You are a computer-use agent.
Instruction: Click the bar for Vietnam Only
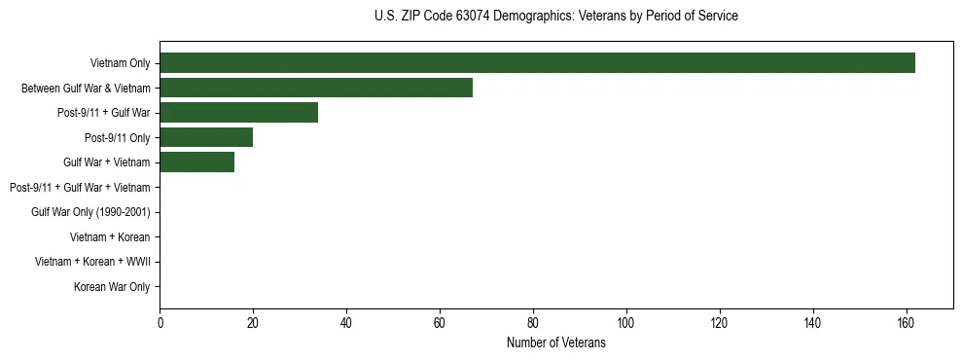(x=537, y=63)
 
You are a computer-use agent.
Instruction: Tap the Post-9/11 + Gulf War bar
(x=238, y=113)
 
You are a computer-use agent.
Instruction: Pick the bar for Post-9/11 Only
(x=206, y=138)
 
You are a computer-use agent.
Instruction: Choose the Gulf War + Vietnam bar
(x=196, y=162)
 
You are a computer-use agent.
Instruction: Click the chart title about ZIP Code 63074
(x=555, y=17)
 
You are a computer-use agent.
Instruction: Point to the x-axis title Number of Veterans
(x=555, y=342)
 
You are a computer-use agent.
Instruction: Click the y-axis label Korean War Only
(x=112, y=287)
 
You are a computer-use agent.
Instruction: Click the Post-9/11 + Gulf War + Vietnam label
(x=80, y=187)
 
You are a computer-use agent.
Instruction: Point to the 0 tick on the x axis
(x=160, y=323)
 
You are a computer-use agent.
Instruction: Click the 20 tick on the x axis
(x=253, y=323)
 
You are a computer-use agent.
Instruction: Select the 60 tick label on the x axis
(x=440, y=323)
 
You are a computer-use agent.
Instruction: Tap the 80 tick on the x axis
(x=533, y=323)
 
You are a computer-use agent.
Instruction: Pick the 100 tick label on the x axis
(x=626, y=323)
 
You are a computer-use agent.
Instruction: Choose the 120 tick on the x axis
(x=720, y=323)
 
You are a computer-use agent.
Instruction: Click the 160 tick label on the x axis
(x=907, y=323)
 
